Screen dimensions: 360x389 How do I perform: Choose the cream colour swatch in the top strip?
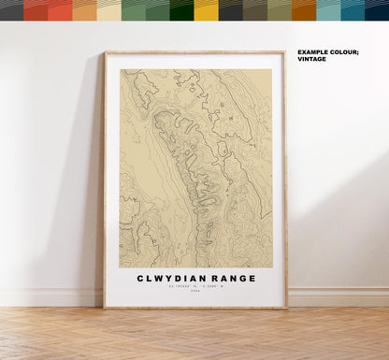109,10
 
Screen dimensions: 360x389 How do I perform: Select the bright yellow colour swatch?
207,10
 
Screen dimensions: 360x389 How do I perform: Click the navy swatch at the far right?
377,10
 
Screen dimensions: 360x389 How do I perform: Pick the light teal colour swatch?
328,10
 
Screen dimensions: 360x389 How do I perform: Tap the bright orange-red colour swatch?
61,10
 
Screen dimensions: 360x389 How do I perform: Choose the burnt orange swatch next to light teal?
304,10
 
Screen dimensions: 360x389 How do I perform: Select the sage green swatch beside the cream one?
134,10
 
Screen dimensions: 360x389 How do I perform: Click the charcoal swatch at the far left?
11,10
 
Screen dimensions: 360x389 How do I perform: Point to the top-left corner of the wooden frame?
106,53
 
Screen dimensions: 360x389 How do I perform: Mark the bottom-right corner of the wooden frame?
285,307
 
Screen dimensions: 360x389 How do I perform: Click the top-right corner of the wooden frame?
285,53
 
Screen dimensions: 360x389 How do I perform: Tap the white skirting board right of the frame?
337,296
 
